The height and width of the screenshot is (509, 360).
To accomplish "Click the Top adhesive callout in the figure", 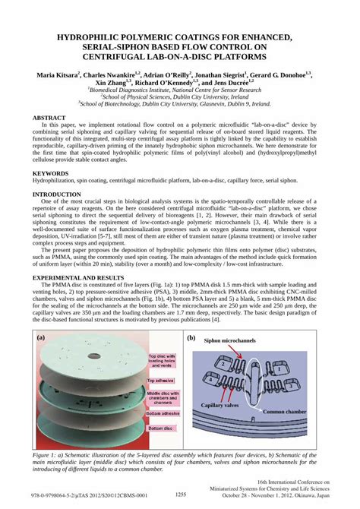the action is point(160,380).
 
